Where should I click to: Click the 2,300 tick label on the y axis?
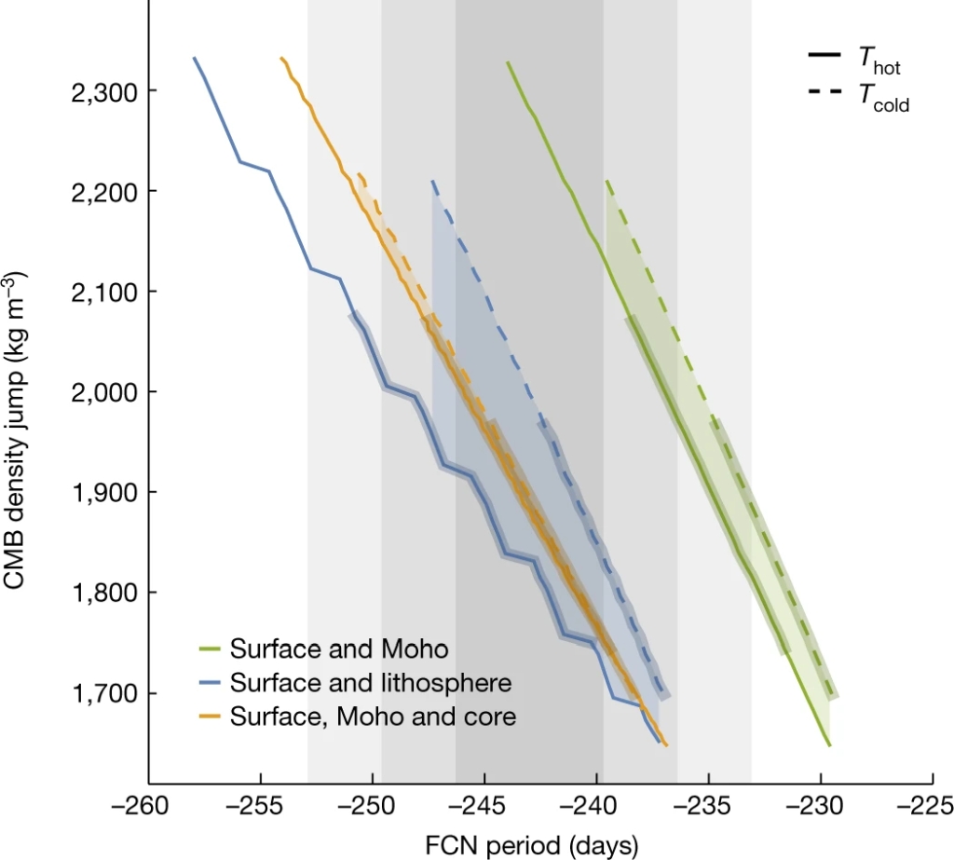(x=103, y=91)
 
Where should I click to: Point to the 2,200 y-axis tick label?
(x=103, y=192)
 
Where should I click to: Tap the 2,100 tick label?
(x=103, y=293)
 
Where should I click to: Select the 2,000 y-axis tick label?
(x=103, y=392)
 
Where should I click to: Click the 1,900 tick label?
(x=103, y=493)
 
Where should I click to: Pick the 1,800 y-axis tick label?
(x=103, y=594)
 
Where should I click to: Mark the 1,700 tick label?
(x=103, y=693)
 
